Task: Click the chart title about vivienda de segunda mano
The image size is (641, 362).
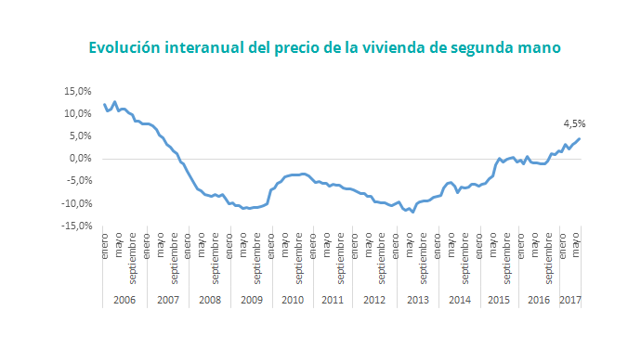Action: (x=325, y=46)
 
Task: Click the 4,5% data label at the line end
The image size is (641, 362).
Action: (x=574, y=123)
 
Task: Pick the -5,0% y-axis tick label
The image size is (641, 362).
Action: (x=77, y=181)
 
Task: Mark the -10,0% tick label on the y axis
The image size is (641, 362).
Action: (x=75, y=203)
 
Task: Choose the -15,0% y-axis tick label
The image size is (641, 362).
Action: (x=75, y=226)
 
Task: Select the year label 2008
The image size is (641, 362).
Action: (x=208, y=300)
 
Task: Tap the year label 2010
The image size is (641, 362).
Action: (x=291, y=300)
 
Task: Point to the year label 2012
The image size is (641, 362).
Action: (x=373, y=300)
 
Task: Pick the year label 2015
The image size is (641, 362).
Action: (x=498, y=300)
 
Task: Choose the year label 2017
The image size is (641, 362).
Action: (x=570, y=300)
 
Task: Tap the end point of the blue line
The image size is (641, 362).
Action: (x=580, y=139)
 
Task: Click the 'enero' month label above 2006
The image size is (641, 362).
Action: (x=105, y=250)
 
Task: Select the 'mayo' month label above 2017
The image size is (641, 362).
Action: (x=577, y=250)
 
